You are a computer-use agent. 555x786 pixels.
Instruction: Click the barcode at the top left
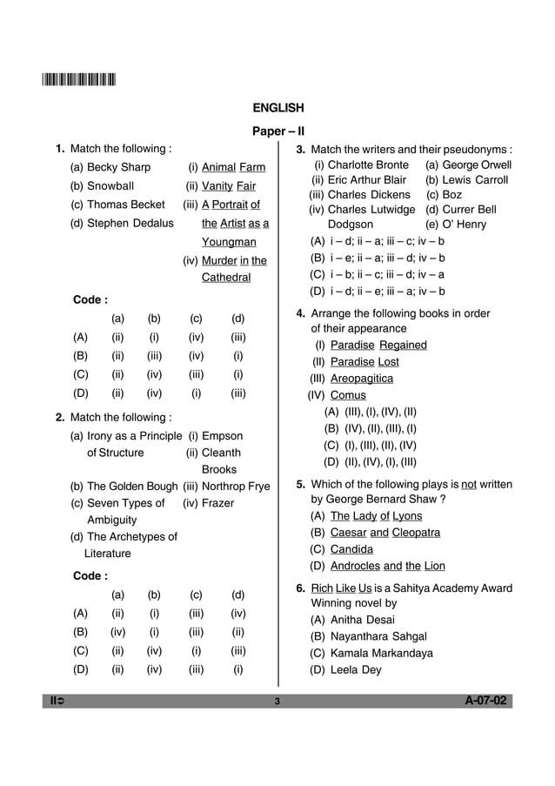pyautogui.click(x=78, y=82)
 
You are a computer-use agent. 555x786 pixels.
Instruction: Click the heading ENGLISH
pyautogui.click(x=277, y=109)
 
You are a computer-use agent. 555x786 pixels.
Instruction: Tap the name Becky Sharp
pyautogui.click(x=118, y=167)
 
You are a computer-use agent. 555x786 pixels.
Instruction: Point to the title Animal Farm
pyautogui.click(x=233, y=167)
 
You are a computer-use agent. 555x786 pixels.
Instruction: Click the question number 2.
pyautogui.click(x=59, y=417)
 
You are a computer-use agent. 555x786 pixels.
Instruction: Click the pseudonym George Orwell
pyautogui.click(x=477, y=165)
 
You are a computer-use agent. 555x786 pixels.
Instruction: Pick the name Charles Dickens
pyautogui.click(x=368, y=195)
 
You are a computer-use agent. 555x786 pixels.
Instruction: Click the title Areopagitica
pyautogui.click(x=361, y=379)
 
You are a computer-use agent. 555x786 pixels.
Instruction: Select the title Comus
pyautogui.click(x=348, y=395)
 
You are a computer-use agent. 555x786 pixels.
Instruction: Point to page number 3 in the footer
pyautogui.click(x=277, y=702)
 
